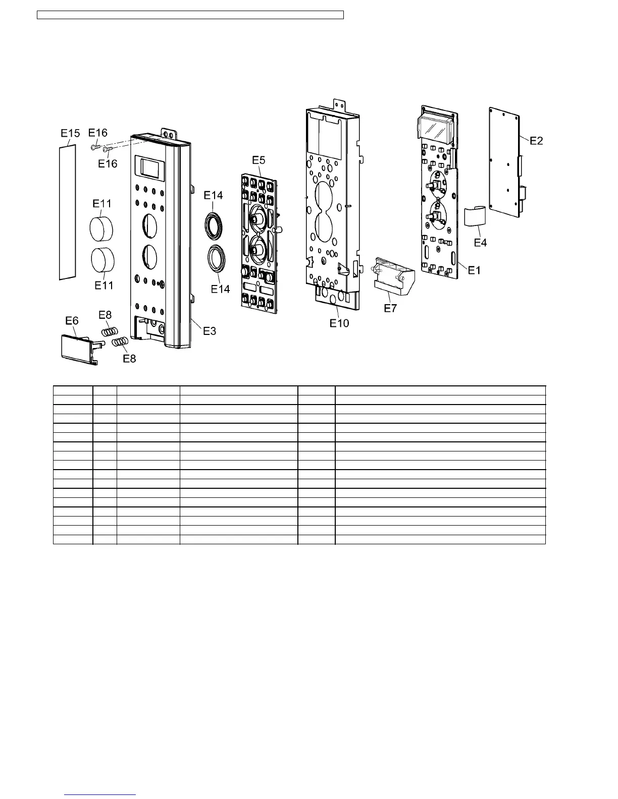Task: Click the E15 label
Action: click(70, 134)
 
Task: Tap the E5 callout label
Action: click(259, 160)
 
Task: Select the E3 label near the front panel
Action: click(210, 331)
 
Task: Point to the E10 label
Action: click(339, 323)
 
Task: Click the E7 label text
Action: click(390, 308)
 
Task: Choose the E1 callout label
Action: click(474, 270)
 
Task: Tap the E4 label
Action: click(480, 243)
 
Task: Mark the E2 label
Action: click(536, 141)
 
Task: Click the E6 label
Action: click(72, 321)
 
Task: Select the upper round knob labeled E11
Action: click(101, 230)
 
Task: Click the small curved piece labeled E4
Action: click(475, 217)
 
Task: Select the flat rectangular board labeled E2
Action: click(504, 161)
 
